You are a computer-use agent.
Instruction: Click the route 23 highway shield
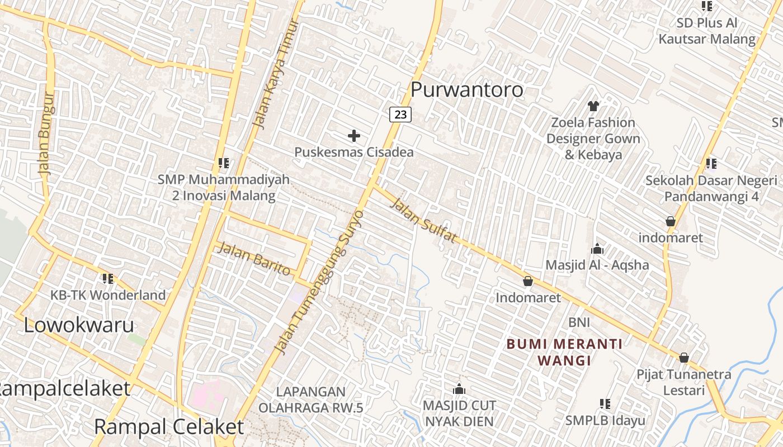click(400, 115)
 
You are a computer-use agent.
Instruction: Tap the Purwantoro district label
click(467, 89)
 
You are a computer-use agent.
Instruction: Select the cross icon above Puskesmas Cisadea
click(353, 135)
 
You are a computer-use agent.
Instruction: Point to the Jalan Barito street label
click(254, 258)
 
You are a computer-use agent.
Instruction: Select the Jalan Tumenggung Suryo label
click(320, 282)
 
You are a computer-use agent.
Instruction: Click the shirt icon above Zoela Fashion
click(593, 106)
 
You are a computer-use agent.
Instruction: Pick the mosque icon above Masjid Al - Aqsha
click(597, 249)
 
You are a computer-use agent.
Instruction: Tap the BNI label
click(579, 322)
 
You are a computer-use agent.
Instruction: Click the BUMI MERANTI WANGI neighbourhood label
click(564, 352)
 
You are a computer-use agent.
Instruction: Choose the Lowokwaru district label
click(79, 325)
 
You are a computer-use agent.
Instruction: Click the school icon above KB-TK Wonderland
click(108, 278)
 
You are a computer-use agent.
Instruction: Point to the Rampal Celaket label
click(169, 427)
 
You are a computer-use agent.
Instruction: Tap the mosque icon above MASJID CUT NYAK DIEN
click(459, 389)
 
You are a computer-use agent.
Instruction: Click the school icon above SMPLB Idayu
click(605, 403)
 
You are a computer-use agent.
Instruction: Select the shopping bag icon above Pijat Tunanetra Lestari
click(683, 358)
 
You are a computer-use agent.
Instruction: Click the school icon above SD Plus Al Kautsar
click(707, 6)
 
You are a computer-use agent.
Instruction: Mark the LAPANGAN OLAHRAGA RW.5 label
click(311, 400)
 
